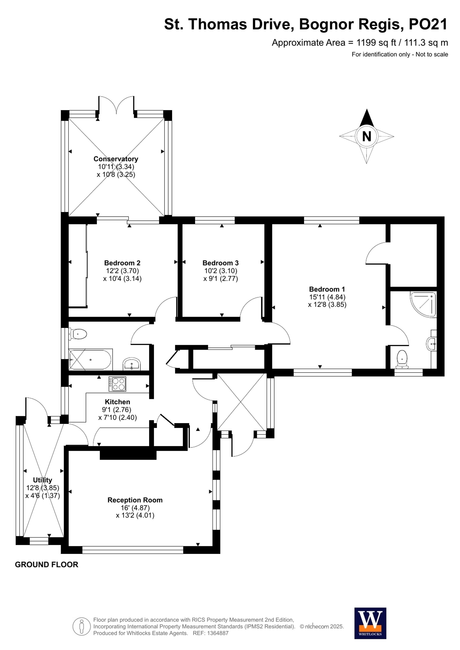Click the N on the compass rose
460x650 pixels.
(x=367, y=137)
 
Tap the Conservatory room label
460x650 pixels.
(x=116, y=159)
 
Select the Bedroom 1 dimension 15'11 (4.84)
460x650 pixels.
(x=327, y=297)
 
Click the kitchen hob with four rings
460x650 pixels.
(x=117, y=384)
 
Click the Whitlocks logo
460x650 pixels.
(x=370, y=623)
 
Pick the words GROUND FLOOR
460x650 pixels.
(x=46, y=565)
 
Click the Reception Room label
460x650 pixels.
(x=135, y=500)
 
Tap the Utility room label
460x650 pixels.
(x=43, y=480)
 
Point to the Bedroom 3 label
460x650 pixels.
(x=220, y=263)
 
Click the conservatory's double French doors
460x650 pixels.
(x=116, y=105)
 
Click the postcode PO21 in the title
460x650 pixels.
(x=428, y=24)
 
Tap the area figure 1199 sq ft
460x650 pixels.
(x=376, y=43)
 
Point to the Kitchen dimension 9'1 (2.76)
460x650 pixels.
(x=117, y=410)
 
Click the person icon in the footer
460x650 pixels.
(x=82, y=627)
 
